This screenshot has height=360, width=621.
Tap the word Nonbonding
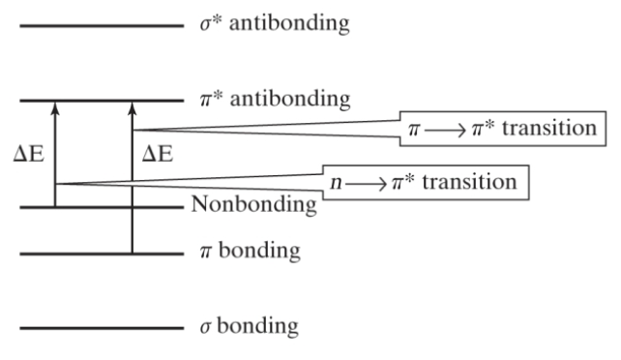pos(253,205)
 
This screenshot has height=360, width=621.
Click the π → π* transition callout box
pos(505,129)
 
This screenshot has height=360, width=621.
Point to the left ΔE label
pos(32,153)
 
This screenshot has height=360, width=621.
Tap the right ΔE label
pos(158,153)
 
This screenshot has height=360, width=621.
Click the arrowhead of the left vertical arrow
pos(55,106)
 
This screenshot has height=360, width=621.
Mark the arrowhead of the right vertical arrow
pos(133,106)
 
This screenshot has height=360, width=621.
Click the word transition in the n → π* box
pos(478,182)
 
